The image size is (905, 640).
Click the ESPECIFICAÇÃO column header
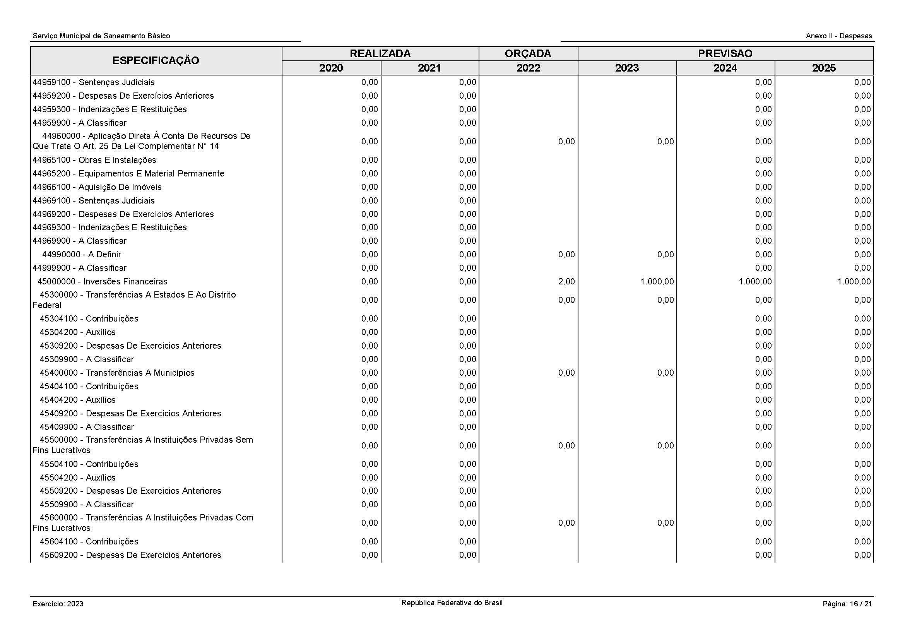[x=156, y=61]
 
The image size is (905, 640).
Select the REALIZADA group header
[x=380, y=54]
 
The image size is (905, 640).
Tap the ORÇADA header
[x=528, y=54]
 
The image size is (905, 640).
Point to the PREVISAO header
[x=725, y=54]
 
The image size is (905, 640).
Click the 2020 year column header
[x=331, y=68]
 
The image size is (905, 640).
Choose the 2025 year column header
[x=824, y=68]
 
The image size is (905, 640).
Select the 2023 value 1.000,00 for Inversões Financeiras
[x=657, y=281]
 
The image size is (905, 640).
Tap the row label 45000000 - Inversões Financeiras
[x=102, y=281]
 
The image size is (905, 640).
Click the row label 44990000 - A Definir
[x=82, y=254]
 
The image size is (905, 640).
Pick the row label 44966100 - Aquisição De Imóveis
[x=97, y=187]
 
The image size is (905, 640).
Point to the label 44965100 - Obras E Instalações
[x=94, y=160]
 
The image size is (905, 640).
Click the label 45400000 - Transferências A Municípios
[x=117, y=373]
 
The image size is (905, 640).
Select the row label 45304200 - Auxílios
[x=78, y=332]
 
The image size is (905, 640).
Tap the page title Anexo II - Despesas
[x=839, y=36]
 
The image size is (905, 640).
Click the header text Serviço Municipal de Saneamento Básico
[x=101, y=36]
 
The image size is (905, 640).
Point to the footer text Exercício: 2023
[x=58, y=604]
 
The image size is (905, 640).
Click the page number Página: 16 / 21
[x=847, y=604]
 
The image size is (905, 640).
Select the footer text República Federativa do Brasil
[x=452, y=602]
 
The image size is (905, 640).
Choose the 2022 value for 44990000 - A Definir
[x=566, y=254]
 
